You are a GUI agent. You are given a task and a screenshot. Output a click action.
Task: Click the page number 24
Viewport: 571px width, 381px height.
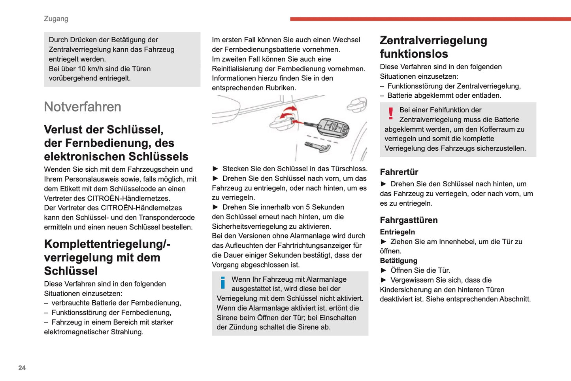22,368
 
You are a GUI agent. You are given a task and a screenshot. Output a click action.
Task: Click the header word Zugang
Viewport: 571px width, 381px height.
56,19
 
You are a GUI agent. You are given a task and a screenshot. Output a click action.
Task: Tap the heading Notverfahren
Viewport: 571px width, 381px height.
83,107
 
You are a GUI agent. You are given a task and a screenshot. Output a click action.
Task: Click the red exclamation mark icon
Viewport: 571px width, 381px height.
390,113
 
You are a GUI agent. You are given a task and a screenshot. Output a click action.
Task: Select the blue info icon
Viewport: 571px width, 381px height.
223,282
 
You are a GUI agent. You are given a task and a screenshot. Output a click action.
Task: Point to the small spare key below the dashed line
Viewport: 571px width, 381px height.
318,146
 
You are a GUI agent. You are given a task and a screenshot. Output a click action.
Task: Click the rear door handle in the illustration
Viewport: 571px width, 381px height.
357,104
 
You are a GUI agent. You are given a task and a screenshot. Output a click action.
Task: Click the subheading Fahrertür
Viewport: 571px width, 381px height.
399,172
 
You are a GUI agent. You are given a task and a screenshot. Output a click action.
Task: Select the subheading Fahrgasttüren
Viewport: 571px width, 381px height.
409,220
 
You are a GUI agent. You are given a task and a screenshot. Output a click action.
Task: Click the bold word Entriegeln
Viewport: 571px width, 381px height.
397,232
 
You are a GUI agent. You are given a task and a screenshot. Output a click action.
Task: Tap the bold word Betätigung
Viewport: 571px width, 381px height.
398,261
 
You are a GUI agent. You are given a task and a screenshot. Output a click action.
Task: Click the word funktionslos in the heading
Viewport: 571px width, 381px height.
414,54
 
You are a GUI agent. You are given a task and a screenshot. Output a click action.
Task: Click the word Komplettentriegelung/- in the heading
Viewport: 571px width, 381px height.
107,244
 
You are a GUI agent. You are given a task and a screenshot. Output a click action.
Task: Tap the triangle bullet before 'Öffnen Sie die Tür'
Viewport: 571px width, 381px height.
383,270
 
